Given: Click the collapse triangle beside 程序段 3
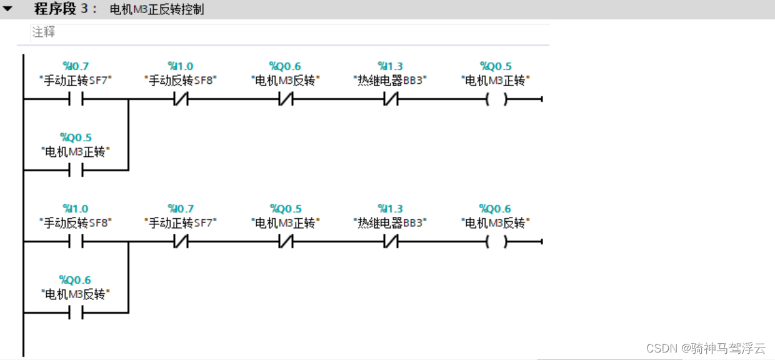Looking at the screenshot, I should pos(8,9).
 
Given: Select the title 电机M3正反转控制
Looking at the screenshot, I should pos(156,9).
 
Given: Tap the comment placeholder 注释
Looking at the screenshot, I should pos(44,32).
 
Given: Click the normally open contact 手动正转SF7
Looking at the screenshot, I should pos(75,99).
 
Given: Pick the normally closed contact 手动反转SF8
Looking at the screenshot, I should pos(180,99).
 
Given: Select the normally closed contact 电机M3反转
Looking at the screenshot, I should pos(285,99).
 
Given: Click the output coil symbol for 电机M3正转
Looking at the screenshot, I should pos(496,99).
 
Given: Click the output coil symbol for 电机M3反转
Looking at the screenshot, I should pos(496,241).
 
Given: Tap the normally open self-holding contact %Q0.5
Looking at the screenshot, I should pos(75,170).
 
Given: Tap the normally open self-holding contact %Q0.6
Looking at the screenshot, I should pos(75,312).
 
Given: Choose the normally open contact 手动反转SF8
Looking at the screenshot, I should pos(75,241).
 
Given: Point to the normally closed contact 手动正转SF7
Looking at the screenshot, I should pos(180,241).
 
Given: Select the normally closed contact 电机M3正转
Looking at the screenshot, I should pos(285,241).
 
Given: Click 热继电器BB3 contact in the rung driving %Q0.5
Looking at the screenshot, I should pos(390,99).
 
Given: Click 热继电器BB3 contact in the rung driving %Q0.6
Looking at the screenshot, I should pos(390,241).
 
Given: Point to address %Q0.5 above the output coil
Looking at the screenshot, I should pos(496,66).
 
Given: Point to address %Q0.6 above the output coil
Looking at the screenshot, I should pos(496,208).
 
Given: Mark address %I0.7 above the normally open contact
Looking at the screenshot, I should pos(76,66).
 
